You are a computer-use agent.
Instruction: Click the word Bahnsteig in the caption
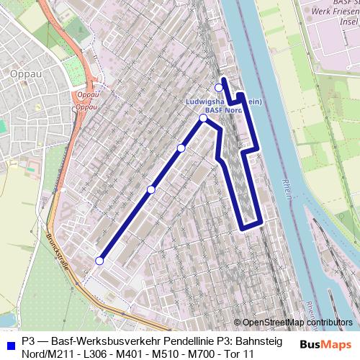coord(258,341)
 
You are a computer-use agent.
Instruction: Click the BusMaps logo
coord(325,344)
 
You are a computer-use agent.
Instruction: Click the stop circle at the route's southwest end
coord(99,261)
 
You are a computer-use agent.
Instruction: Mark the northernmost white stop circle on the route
coord(220,88)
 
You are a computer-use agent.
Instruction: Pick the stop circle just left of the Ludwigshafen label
coord(203,118)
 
